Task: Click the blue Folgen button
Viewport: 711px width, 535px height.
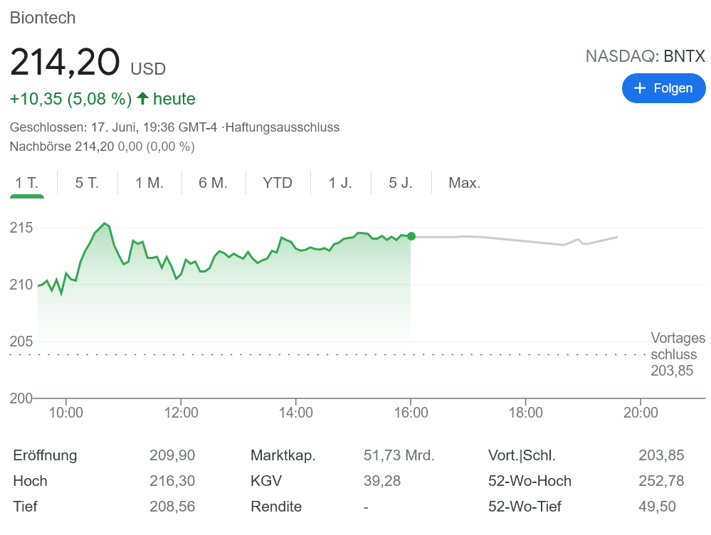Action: pyautogui.click(x=663, y=88)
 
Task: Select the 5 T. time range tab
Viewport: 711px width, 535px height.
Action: pyautogui.click(x=87, y=183)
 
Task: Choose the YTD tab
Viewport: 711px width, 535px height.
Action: pyautogui.click(x=278, y=183)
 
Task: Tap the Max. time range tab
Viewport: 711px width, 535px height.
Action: pyautogui.click(x=464, y=183)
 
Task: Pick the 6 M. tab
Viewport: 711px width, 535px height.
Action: pyautogui.click(x=213, y=183)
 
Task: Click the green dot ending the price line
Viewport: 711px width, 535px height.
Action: pyautogui.click(x=411, y=236)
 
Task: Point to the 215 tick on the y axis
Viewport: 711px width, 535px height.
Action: pyautogui.click(x=21, y=228)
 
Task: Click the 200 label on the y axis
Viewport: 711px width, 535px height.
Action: pyautogui.click(x=21, y=398)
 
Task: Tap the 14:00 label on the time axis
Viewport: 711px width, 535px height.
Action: pyautogui.click(x=296, y=413)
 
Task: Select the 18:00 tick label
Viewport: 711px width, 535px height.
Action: pyautogui.click(x=526, y=413)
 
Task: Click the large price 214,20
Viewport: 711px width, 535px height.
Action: pyautogui.click(x=65, y=63)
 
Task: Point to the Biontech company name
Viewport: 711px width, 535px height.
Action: pyautogui.click(x=43, y=18)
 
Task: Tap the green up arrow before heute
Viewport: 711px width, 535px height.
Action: pyautogui.click(x=142, y=98)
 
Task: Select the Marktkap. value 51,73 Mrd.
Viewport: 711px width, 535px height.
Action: pyautogui.click(x=399, y=455)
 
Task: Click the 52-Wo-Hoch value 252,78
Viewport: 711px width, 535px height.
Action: pyautogui.click(x=661, y=481)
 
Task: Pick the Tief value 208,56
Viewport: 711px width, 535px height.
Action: pyautogui.click(x=172, y=507)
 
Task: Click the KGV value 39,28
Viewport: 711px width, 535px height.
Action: pyautogui.click(x=382, y=481)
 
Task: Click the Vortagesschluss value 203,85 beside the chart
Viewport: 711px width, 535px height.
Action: pyautogui.click(x=672, y=371)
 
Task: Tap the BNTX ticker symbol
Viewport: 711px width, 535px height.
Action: pyautogui.click(x=685, y=56)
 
